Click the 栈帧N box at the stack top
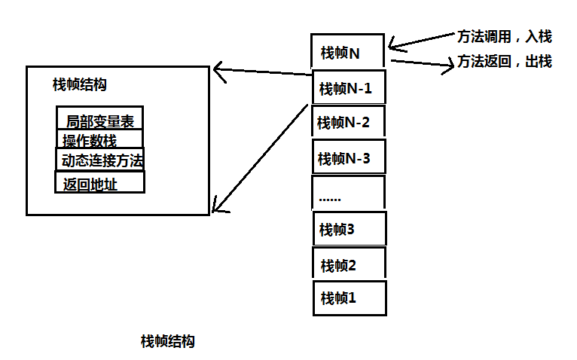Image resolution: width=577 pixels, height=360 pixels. point(347,52)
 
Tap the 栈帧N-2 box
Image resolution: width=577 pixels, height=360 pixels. point(347,122)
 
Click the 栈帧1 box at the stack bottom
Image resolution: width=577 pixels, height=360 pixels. point(349,297)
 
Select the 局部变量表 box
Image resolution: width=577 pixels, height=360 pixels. point(99,121)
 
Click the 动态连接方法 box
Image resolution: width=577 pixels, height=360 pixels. point(99,160)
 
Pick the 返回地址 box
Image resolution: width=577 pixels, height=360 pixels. point(99,182)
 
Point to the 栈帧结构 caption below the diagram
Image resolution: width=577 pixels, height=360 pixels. point(167,340)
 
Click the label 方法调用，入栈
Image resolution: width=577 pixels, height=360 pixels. point(505,36)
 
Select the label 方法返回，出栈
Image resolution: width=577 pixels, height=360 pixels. point(505,62)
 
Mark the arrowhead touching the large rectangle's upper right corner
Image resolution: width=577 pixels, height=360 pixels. point(218,72)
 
